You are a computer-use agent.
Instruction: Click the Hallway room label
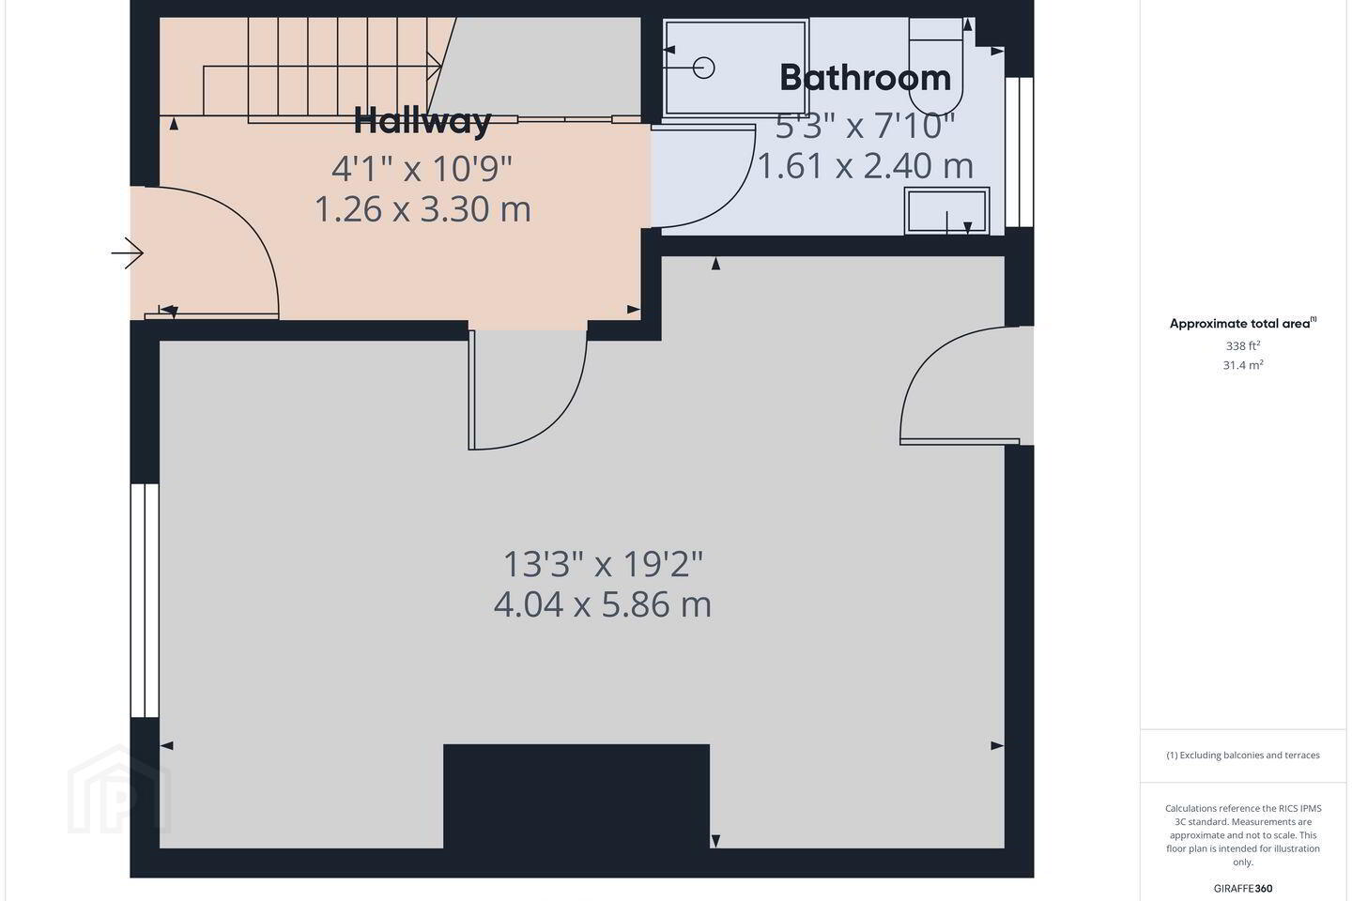click(x=422, y=121)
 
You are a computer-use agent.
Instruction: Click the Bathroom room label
click(x=865, y=78)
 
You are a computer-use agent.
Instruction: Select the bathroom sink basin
click(x=946, y=210)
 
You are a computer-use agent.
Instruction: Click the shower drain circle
click(x=704, y=67)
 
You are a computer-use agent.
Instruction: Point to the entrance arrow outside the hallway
click(x=128, y=252)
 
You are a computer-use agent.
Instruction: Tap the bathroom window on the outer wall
click(x=1020, y=152)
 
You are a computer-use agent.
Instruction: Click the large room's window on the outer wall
click(x=145, y=601)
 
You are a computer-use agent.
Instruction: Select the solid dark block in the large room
click(x=576, y=797)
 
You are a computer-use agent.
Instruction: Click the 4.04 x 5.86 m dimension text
click(x=603, y=604)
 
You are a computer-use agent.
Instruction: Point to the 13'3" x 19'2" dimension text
click(x=603, y=564)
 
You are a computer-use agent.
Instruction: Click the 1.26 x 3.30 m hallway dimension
click(x=422, y=209)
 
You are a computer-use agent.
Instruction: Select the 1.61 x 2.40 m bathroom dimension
click(x=865, y=166)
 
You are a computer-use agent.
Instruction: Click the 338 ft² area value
click(x=1243, y=345)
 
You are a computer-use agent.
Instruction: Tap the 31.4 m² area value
click(x=1243, y=365)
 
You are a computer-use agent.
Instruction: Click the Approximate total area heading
click(x=1243, y=324)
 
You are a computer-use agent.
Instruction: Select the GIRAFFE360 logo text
click(x=1243, y=888)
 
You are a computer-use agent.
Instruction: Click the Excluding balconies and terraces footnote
click(x=1243, y=755)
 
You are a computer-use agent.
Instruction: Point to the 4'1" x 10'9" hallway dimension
click(x=422, y=168)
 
